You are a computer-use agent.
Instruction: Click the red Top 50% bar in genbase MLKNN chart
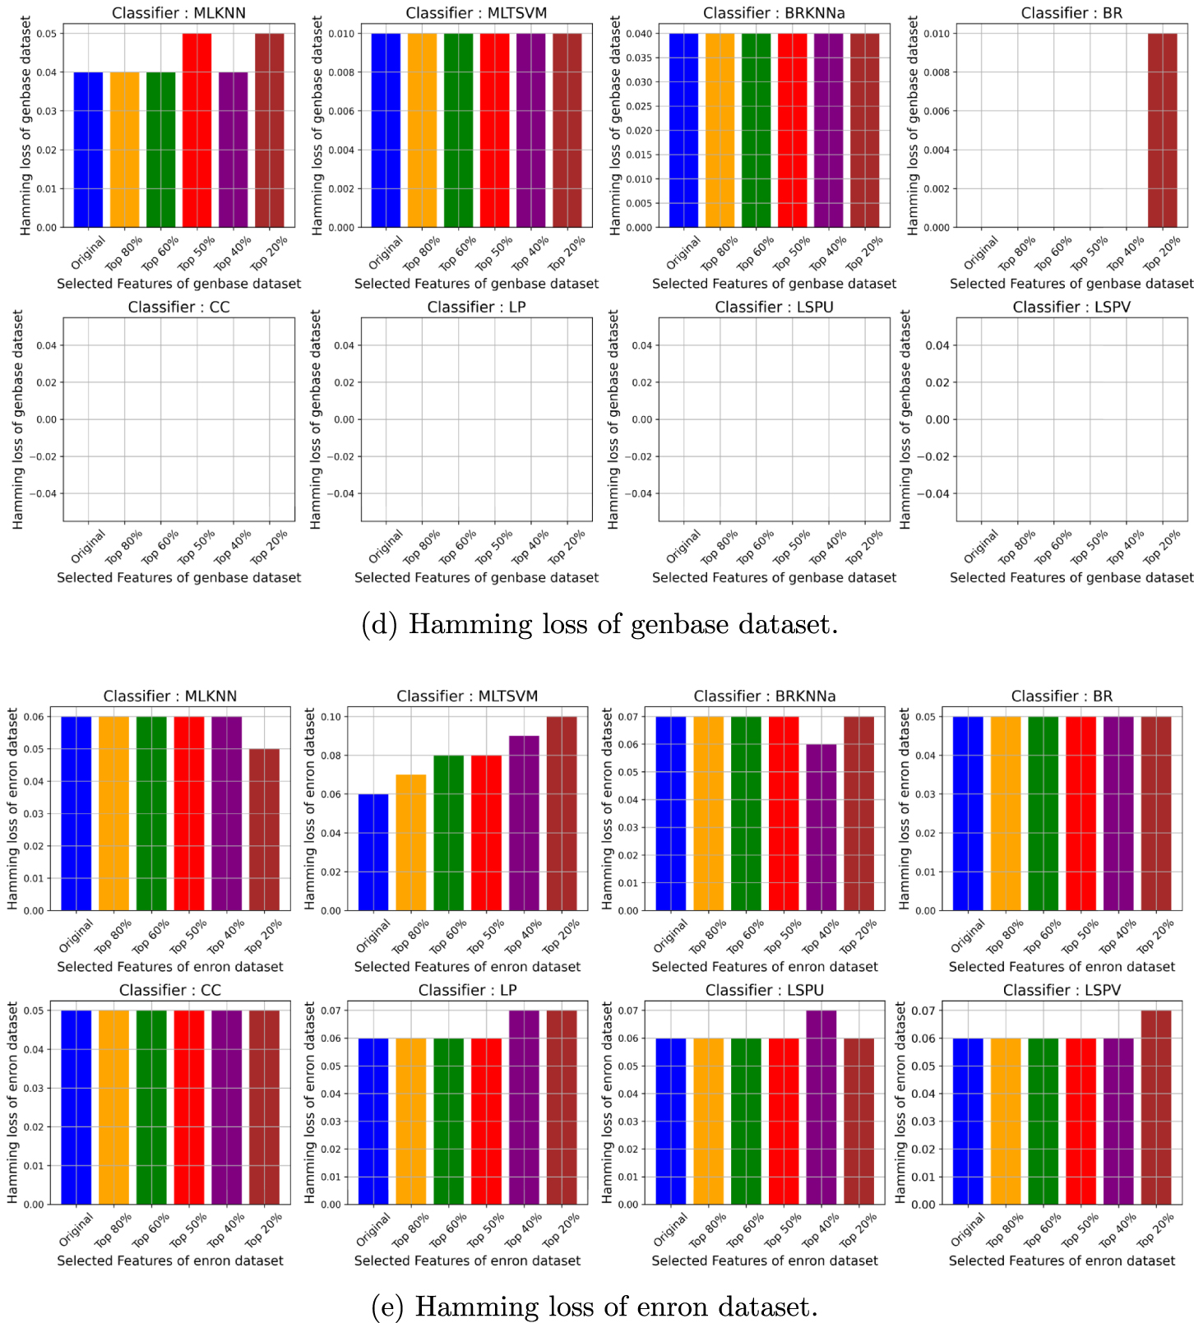(197, 130)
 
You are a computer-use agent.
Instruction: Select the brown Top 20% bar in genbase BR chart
(1162, 130)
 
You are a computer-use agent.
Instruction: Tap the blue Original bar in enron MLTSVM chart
(373, 852)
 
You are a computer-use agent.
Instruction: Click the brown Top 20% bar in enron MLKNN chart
(264, 829)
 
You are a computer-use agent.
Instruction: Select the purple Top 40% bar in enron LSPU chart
(821, 1107)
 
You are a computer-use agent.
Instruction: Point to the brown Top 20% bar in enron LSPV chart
(1156, 1107)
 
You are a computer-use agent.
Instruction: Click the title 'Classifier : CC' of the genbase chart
(178, 307)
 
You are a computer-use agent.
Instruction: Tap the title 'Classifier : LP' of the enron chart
(467, 990)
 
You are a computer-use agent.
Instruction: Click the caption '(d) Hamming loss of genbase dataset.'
(599, 625)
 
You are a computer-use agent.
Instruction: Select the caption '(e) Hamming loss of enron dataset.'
(595, 1307)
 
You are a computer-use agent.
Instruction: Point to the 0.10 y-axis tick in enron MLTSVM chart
(330, 716)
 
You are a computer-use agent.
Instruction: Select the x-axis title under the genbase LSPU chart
(774, 577)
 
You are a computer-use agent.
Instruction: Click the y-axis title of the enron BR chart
(904, 809)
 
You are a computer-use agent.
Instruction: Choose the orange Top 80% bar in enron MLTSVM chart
(411, 842)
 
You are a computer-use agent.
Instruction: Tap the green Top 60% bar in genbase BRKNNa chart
(756, 130)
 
